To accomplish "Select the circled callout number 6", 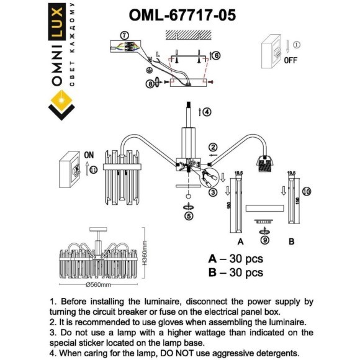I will [216, 55].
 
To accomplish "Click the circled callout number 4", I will [207, 112].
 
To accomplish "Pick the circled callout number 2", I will [213, 147].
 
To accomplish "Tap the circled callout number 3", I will [212, 192].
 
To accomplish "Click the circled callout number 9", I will [264, 239].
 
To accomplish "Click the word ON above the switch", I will [89, 155].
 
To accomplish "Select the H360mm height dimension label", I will [143, 254].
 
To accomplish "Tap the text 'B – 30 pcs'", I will [235, 272].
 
